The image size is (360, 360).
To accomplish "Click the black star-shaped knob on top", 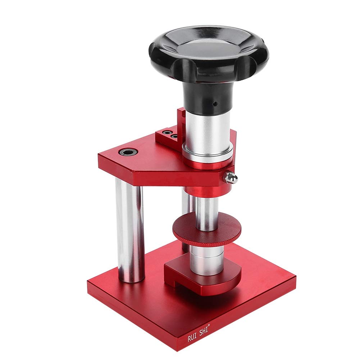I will (209, 54).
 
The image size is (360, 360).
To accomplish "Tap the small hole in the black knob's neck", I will (215, 104).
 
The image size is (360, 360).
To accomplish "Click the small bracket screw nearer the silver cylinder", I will (174, 136).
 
